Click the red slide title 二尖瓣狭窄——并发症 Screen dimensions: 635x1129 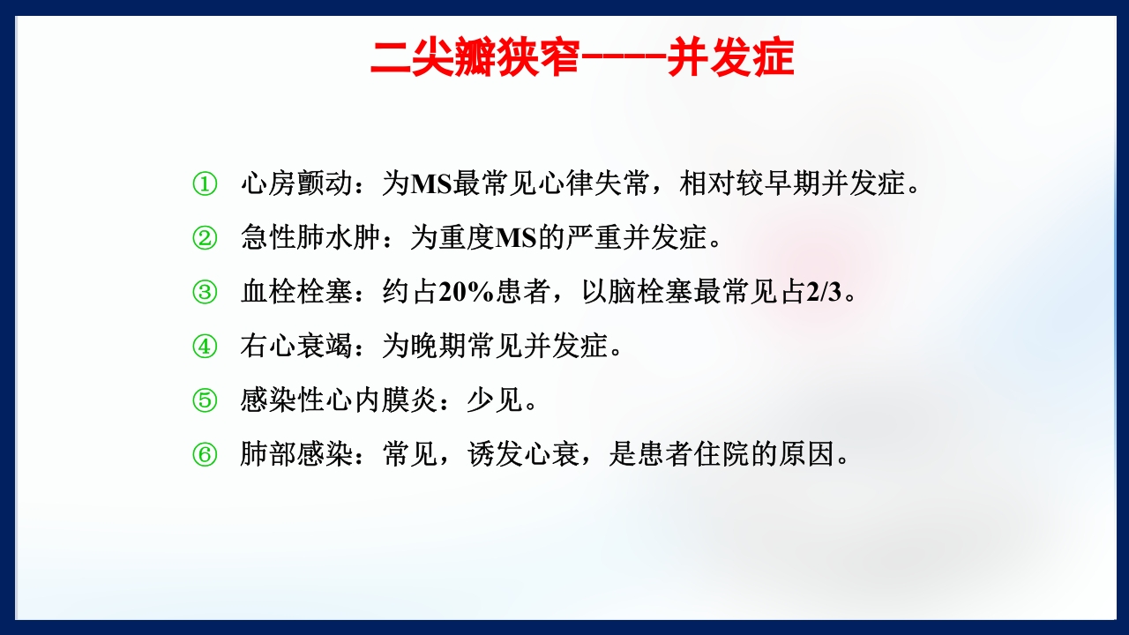pyautogui.click(x=582, y=58)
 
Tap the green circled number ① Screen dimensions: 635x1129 pyautogui.click(x=204, y=184)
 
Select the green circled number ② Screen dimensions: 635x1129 pyautogui.click(x=204, y=238)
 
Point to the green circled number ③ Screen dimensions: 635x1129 pyautogui.click(x=204, y=293)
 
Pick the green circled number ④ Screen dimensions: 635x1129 pyautogui.click(x=204, y=347)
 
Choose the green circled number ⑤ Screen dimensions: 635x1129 pyautogui.click(x=204, y=401)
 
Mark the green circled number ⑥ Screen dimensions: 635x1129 pyautogui.click(x=204, y=455)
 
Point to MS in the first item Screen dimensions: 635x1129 pyautogui.click(x=430, y=184)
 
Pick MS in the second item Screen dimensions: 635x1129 pyautogui.click(x=516, y=238)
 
